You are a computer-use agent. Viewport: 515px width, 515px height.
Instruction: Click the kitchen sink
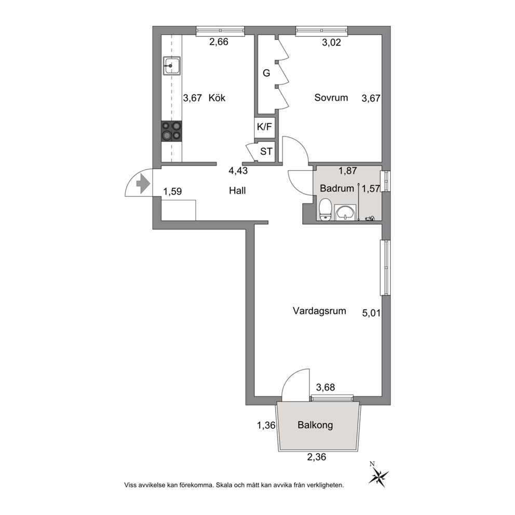point(172,66)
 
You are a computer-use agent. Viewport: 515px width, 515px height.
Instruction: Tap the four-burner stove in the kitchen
point(171,131)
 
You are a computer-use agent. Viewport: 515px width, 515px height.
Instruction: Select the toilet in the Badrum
point(326,210)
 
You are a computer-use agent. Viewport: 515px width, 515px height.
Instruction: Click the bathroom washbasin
point(345,212)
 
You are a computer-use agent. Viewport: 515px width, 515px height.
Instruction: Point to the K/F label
point(264,127)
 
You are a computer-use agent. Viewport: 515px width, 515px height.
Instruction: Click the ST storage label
point(266,152)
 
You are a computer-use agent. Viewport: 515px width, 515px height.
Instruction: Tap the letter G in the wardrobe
point(266,73)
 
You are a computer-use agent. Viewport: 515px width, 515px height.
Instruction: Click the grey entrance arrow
point(143,183)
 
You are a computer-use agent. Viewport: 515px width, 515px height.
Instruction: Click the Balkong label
point(315,425)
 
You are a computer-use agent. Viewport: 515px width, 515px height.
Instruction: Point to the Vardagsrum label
point(319,310)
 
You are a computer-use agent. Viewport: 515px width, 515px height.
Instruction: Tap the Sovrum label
point(331,98)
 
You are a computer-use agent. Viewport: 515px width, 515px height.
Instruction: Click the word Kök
point(217,98)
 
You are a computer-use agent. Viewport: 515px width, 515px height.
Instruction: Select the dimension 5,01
point(372,313)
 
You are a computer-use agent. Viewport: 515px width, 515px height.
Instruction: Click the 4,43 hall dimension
point(238,171)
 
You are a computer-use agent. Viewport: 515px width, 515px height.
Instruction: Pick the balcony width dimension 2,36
point(317,457)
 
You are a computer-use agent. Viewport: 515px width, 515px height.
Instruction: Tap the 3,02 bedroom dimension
point(331,43)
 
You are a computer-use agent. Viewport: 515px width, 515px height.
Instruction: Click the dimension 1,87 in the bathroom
point(348,171)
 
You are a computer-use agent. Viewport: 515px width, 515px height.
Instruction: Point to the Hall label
point(237,191)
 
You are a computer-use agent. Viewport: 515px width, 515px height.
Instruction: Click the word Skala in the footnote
point(223,485)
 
